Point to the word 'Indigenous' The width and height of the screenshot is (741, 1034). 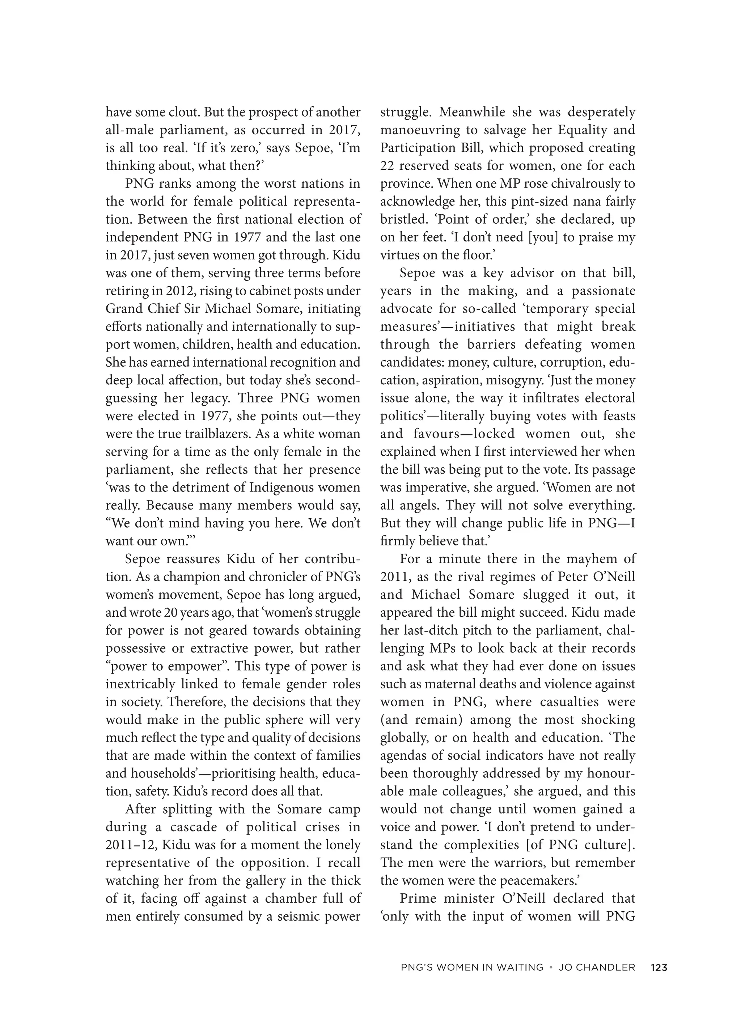tap(283, 488)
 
